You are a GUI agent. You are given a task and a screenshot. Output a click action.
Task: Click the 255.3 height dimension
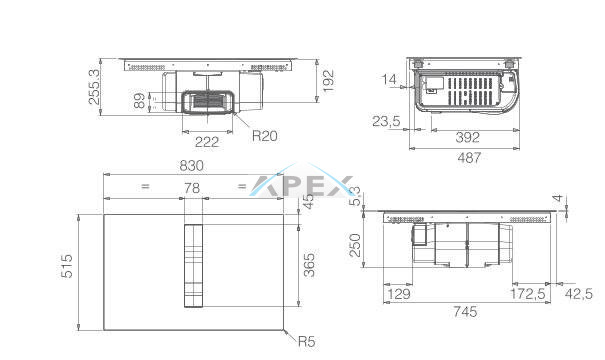94,87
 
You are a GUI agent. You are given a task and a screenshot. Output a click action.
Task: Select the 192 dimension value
328,81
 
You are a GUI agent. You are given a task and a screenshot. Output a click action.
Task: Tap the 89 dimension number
140,100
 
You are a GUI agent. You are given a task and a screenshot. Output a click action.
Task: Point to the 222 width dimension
207,142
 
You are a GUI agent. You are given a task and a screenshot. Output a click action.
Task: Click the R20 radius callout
265,136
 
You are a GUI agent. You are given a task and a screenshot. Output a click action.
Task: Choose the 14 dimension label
389,79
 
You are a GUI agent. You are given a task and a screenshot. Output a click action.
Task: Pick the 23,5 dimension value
386,122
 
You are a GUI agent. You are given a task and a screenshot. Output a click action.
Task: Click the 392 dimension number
468,137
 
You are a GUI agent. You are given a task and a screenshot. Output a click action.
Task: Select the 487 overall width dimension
469,158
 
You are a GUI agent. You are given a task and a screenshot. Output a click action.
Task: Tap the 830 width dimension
191,166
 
